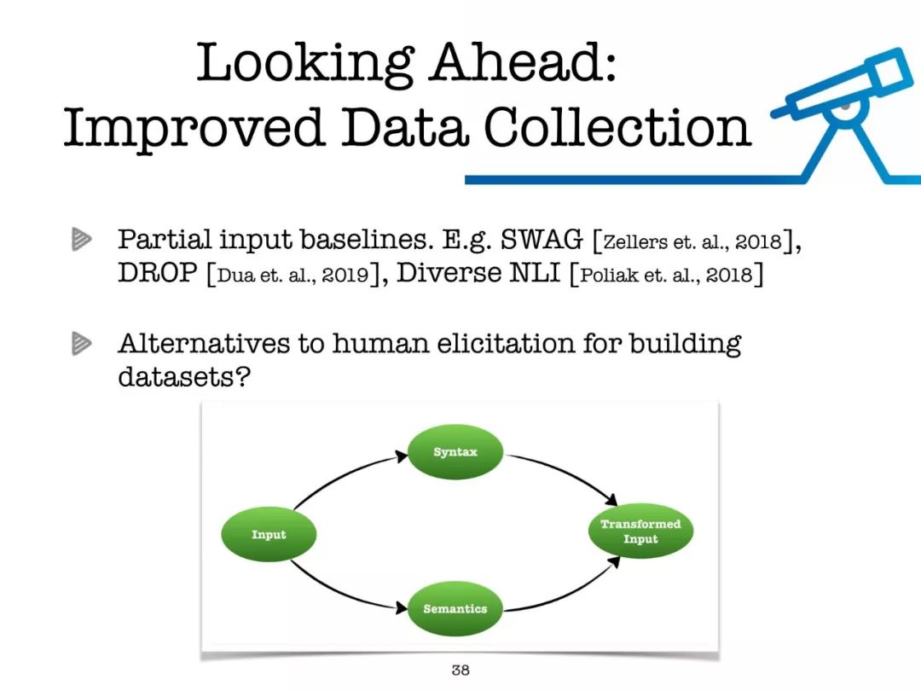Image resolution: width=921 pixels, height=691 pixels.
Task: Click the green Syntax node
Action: click(455, 452)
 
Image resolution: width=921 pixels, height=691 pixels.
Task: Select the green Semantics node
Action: click(455, 609)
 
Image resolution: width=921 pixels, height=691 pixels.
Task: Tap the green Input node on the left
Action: click(269, 534)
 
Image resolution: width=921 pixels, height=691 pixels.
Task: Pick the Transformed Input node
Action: click(640, 531)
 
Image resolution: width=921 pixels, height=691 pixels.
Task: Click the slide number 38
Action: click(460, 670)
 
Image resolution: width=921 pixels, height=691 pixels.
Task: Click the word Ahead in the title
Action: click(522, 62)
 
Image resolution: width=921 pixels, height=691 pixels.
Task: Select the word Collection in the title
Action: click(617, 127)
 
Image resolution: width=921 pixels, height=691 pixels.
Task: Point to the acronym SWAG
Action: click(542, 239)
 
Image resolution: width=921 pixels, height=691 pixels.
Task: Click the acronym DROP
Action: click(158, 273)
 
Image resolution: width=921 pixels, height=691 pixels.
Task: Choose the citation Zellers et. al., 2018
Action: click(693, 241)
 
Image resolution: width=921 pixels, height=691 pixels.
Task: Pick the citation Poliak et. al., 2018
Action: click(666, 275)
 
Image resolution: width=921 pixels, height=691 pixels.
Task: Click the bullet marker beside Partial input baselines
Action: click(82, 239)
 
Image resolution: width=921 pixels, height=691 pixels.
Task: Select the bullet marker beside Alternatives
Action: click(82, 343)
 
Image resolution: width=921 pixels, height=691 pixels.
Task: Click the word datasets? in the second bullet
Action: click(184, 376)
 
